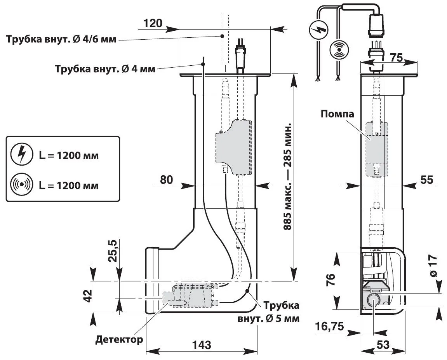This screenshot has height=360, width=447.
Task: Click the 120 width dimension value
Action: click(153, 24)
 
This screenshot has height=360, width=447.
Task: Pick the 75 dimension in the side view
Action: click(397, 58)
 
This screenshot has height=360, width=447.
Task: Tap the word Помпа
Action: click(337, 114)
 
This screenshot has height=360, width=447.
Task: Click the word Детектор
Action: click(119, 339)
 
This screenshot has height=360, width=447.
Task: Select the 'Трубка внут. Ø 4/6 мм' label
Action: click(61, 39)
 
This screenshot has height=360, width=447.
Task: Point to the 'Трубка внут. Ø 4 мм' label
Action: click(105, 69)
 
